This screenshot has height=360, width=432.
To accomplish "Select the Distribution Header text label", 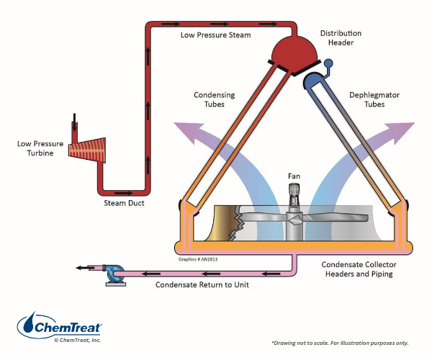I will [341, 38].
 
